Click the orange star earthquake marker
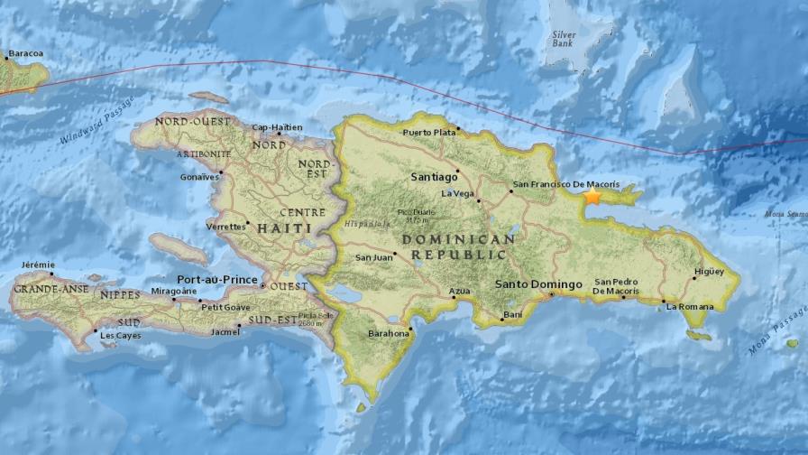pos(592,195)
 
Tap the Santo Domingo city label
pos(538,285)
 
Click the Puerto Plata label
pos(428,133)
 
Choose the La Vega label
pos(456,193)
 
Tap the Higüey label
pos(709,271)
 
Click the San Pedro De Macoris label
pos(617,286)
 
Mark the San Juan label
pos(373,257)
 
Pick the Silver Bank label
pos(565,40)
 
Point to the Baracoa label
pos(25,53)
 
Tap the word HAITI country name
pos(283,228)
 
